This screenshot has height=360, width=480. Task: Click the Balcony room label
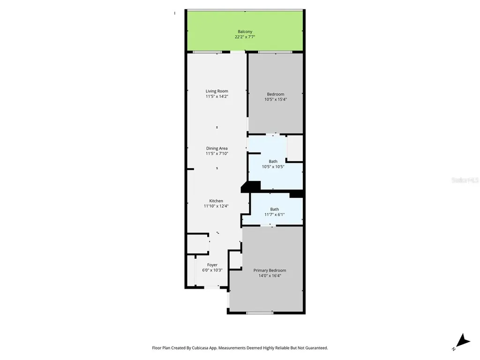(245, 31)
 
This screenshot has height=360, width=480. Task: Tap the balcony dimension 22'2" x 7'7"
(245, 37)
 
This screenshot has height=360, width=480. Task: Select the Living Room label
(217, 91)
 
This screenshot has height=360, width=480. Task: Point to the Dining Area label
(217, 148)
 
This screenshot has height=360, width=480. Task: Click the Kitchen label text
(216, 201)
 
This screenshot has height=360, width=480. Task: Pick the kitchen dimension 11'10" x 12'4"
(216, 206)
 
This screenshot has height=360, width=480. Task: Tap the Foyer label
(212, 265)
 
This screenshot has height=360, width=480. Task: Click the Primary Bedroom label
(270, 270)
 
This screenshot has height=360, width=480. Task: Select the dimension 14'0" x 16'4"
(270, 276)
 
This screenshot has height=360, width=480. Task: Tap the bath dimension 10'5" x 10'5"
(273, 166)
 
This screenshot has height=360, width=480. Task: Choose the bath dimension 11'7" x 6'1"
(274, 215)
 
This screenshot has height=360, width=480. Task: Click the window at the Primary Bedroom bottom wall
(260, 313)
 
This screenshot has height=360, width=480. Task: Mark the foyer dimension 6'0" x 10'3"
(212, 270)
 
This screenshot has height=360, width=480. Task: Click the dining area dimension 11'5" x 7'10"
(217, 153)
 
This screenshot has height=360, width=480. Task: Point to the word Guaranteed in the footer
(315, 348)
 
